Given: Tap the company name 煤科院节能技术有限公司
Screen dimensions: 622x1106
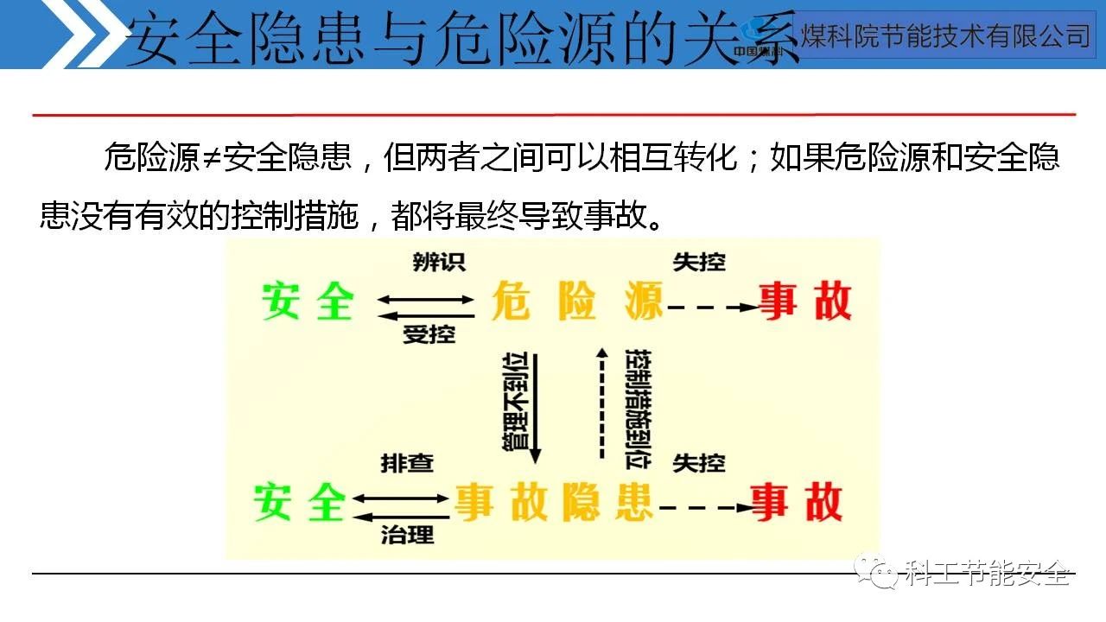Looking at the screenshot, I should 945,35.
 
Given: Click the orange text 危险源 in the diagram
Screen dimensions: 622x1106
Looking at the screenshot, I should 577,301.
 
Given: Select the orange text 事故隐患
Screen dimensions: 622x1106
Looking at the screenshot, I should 554,502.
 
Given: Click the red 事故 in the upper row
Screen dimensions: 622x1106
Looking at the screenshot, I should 805,301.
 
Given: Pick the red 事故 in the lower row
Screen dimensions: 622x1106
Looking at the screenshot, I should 796,502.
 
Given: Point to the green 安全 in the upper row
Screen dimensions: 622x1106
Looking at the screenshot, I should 308,301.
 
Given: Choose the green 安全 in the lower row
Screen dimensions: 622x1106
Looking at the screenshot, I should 299,502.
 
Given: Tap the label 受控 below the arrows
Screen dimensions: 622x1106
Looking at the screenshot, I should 429,334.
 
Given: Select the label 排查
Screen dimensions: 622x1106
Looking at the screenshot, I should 407,463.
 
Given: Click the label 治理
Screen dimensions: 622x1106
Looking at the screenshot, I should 407,535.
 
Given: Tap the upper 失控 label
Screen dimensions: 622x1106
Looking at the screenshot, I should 699,263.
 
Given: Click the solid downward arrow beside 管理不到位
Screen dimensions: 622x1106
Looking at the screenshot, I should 535,406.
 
